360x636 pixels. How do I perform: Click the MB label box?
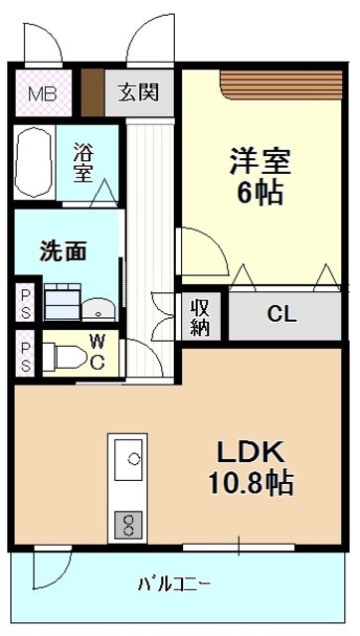click(40, 95)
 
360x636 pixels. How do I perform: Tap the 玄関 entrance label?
click(139, 94)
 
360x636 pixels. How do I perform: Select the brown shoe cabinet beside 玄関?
click(92, 94)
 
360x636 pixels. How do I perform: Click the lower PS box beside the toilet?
click(25, 353)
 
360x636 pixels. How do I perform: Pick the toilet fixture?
click(66, 355)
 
